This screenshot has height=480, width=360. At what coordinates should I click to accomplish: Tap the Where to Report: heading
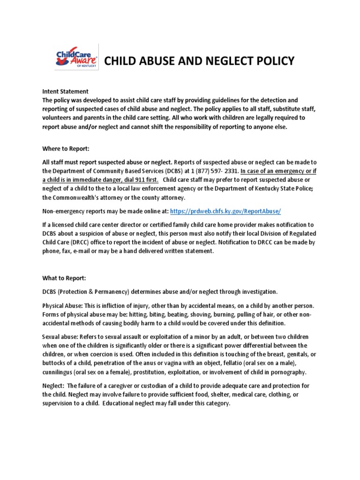(66, 149)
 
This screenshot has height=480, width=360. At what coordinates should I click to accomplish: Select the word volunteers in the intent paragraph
(58, 118)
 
